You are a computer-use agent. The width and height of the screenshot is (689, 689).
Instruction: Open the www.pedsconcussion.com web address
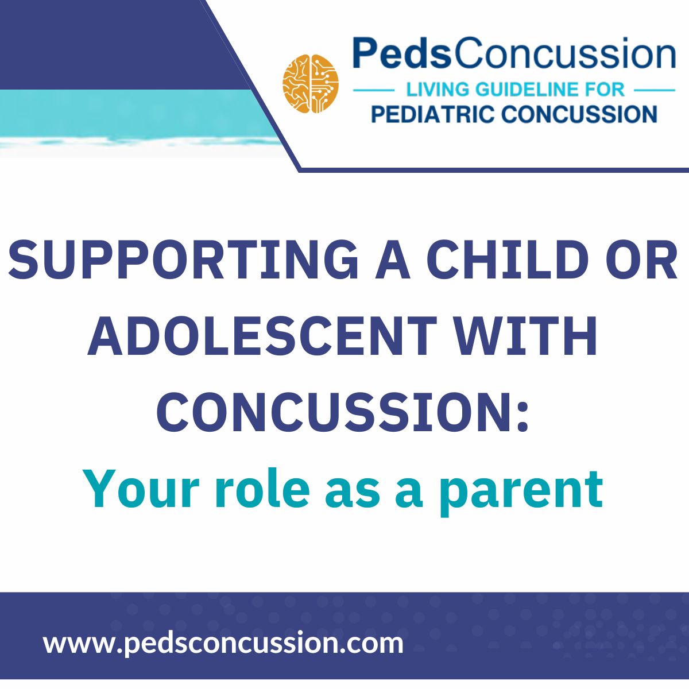(223, 642)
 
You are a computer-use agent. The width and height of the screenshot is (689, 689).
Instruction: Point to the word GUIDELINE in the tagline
(530, 90)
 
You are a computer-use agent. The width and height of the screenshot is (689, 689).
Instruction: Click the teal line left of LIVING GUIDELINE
(373, 91)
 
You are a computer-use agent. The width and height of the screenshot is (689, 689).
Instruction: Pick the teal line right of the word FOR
(655, 91)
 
